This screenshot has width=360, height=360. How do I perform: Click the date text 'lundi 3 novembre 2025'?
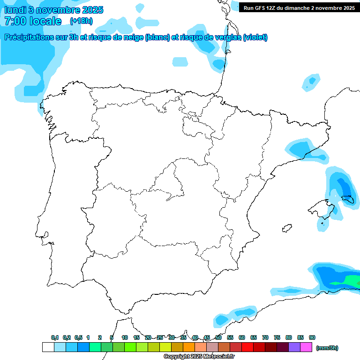pyautogui.click(x=54, y=10)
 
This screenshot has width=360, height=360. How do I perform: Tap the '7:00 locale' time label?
pyautogui.click(x=33, y=21)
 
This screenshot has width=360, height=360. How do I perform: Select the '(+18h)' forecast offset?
pyautogui.click(x=81, y=21)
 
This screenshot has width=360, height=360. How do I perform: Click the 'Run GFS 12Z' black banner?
pyautogui.click(x=299, y=8)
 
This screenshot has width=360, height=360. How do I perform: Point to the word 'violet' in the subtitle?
pyautogui.click(x=254, y=37)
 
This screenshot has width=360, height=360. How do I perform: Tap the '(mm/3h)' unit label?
pyautogui.click(x=327, y=348)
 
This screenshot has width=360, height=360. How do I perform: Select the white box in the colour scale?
pyautogui.click(x=48, y=347)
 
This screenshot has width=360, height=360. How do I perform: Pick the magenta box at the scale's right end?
pyautogui.click(x=306, y=347)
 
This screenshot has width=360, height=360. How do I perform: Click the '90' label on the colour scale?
pyautogui.click(x=312, y=337)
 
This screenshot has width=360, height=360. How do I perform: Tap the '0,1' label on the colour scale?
pyautogui.click(x=55, y=337)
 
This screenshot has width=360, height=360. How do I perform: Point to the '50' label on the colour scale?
pyautogui.click(x=218, y=337)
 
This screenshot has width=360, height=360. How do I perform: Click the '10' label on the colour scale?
pyautogui.click(x=125, y=337)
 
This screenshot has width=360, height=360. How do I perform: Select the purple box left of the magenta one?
pyautogui.click(x=294, y=347)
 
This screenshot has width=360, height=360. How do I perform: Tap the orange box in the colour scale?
pyautogui.click(x=189, y=347)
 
